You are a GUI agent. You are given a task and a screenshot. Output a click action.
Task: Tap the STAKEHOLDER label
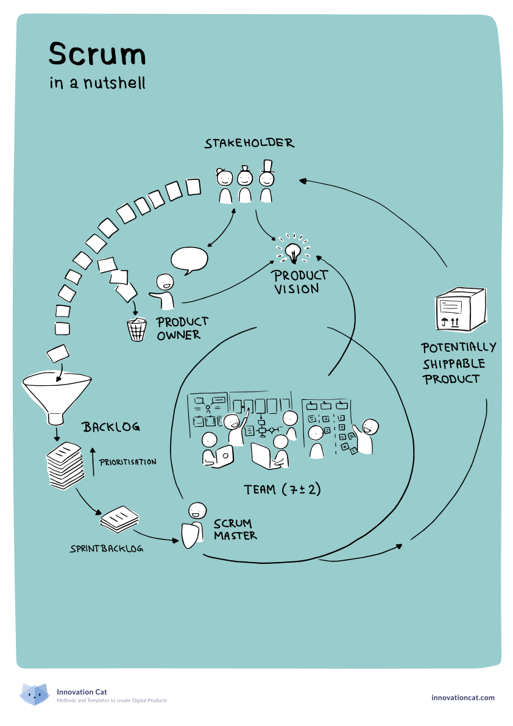[249, 144]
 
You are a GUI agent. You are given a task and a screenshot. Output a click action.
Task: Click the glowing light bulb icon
[294, 250]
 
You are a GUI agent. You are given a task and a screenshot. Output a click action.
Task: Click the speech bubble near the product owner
[189, 260]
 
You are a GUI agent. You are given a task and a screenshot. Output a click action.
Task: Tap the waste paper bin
[136, 329]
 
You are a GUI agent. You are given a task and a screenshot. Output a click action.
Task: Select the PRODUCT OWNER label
[182, 328]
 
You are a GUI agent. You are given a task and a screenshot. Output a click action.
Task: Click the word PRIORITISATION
[127, 462]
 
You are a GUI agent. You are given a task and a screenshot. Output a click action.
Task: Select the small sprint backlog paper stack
[119, 518]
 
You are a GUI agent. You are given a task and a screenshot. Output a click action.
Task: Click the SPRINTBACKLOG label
[107, 549]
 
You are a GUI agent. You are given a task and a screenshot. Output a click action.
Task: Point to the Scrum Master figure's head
[196, 510]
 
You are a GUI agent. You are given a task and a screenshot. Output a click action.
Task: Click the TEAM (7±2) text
[282, 489]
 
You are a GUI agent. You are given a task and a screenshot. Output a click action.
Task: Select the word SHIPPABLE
[455, 363]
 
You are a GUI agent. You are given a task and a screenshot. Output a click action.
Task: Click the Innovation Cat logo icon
[34, 694]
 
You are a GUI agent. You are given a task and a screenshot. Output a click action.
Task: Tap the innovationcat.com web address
[462, 697]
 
